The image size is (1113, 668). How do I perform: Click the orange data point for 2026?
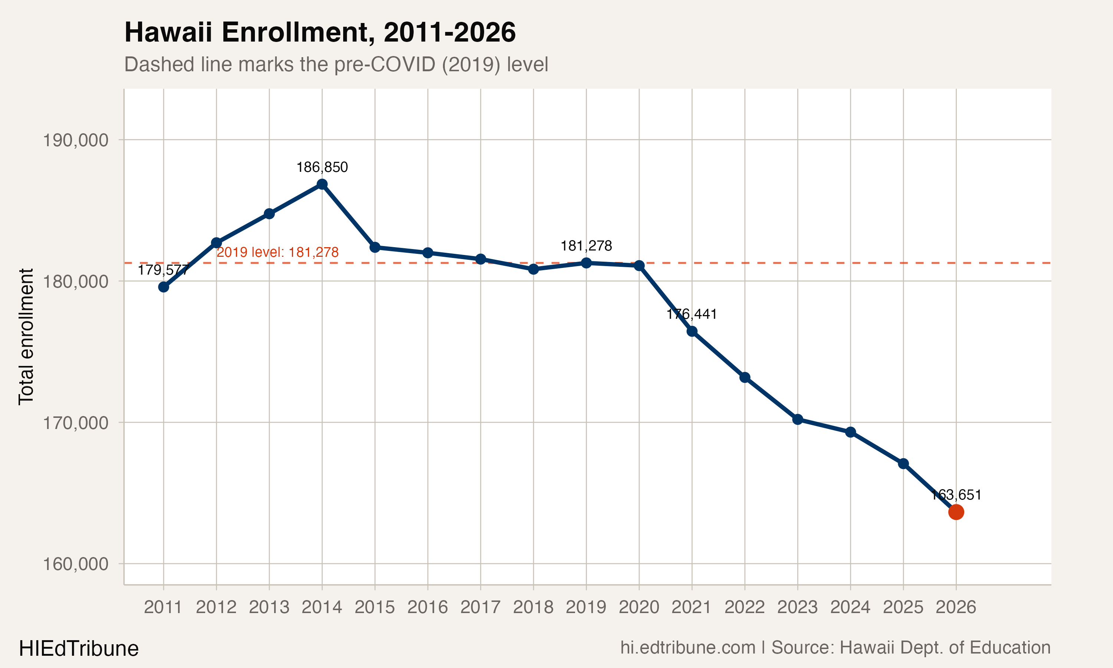pyautogui.click(x=956, y=512)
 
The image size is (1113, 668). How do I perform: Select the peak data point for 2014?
pyautogui.click(x=322, y=184)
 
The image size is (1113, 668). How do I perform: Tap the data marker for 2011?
pyautogui.click(x=163, y=287)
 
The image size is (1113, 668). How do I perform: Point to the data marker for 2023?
pyautogui.click(x=798, y=419)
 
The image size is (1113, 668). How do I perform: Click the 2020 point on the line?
pyautogui.click(x=639, y=266)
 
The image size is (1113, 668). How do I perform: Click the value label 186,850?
pyautogui.click(x=322, y=167)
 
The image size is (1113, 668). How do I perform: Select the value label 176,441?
pyautogui.click(x=692, y=314)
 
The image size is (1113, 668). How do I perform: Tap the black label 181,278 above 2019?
pyautogui.click(x=586, y=246)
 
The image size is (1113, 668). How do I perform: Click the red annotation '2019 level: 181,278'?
pyautogui.click(x=278, y=252)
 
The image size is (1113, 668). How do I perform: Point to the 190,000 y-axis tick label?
pyautogui.click(x=76, y=140)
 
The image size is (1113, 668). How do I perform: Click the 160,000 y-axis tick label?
pyautogui.click(x=76, y=564)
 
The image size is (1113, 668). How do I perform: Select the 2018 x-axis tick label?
pyautogui.click(x=533, y=607)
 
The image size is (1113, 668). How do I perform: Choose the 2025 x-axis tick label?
pyautogui.click(x=903, y=607)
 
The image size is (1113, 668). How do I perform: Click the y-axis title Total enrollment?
pyautogui.click(x=26, y=337)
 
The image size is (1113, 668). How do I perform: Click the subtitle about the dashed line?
pyautogui.click(x=336, y=64)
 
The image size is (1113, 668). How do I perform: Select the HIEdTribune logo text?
pyautogui.click(x=79, y=649)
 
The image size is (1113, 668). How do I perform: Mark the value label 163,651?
pyautogui.click(x=956, y=495)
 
